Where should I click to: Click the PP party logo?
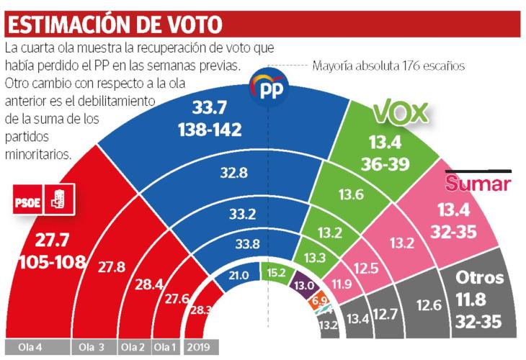269,89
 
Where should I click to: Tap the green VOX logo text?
400,112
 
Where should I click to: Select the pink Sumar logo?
478,184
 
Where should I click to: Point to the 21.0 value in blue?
238,275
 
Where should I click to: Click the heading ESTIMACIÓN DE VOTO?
115,24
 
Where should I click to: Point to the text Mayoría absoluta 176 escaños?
389,66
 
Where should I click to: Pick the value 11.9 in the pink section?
342,284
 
